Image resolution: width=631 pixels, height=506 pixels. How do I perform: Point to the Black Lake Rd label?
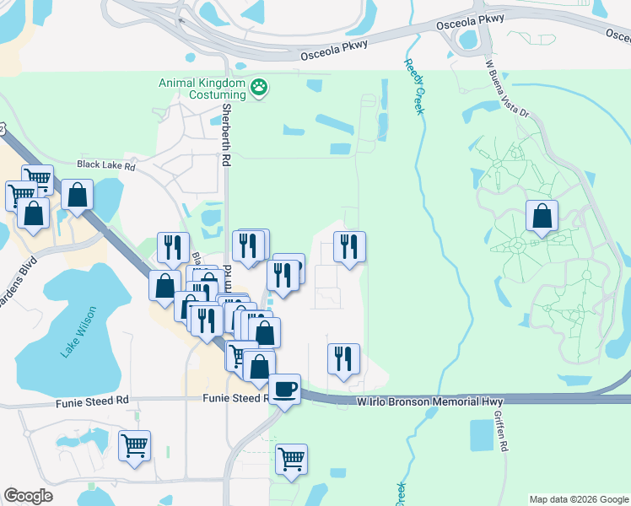pos(106,166)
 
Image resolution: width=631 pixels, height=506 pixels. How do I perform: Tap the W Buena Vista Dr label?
pos(506,87)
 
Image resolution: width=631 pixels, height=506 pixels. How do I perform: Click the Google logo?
pos(29,496)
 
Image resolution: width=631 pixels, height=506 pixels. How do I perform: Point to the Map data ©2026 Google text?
pos(579,499)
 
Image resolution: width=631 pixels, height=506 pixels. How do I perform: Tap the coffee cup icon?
pos(285,388)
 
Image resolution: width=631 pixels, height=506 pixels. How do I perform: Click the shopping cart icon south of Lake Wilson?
pos(134,444)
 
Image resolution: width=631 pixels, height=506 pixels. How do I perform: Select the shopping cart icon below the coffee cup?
pos(291,459)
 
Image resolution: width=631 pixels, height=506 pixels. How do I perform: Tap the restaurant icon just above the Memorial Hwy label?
pos(344,358)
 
